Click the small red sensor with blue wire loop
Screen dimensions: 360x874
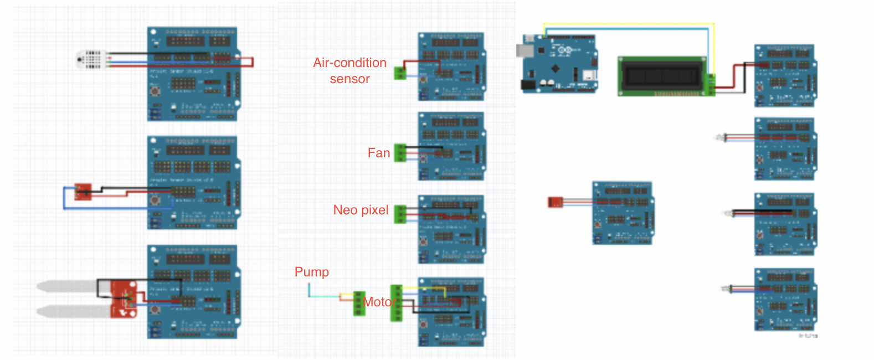(x=83, y=192)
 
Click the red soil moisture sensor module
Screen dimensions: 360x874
(x=124, y=299)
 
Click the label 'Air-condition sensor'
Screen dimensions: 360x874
(x=349, y=70)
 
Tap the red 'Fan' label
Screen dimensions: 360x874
(x=379, y=153)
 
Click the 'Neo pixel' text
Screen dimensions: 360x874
(x=361, y=210)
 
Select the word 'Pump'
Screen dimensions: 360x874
(x=312, y=272)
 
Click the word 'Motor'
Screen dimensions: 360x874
(x=379, y=302)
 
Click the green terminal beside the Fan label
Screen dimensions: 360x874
(x=400, y=153)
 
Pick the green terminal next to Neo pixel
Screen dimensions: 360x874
(x=400, y=214)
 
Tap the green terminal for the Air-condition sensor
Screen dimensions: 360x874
(x=399, y=73)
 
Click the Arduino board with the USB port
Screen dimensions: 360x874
(x=559, y=64)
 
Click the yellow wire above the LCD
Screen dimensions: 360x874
(x=626, y=24)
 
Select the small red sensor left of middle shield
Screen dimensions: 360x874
(x=555, y=202)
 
